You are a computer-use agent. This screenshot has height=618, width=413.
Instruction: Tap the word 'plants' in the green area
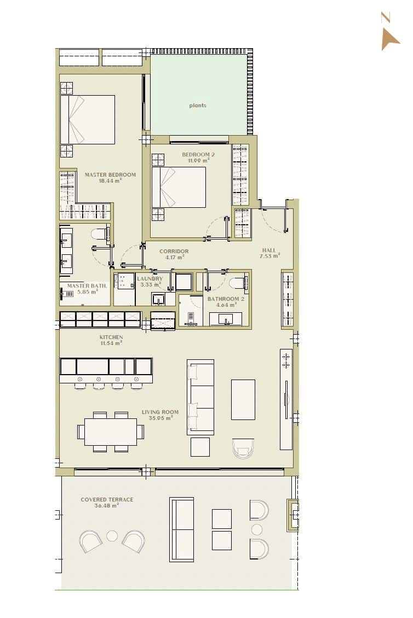(198, 106)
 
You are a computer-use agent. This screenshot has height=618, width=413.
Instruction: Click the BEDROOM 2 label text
(198, 158)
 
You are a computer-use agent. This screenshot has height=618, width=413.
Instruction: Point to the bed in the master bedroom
(88, 120)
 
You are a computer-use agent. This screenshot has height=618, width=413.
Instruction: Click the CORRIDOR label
(174, 254)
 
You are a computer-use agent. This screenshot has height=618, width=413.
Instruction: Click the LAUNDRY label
(150, 281)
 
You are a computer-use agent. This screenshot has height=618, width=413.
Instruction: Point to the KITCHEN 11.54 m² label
(111, 340)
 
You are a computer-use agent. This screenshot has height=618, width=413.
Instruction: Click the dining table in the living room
(111, 432)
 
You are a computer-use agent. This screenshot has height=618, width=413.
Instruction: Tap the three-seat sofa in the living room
(200, 397)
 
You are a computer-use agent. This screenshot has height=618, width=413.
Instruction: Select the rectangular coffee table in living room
(243, 399)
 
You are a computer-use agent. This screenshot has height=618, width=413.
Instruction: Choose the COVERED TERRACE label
(107, 502)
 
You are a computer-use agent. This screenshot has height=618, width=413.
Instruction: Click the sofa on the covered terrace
(182, 529)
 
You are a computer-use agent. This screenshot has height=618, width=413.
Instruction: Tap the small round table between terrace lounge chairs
(112, 536)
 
